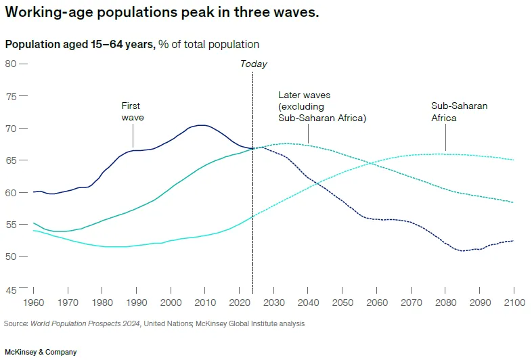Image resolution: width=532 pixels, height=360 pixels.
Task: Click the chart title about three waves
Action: [x=162, y=14]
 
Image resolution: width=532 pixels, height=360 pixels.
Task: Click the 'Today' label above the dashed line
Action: [x=254, y=64]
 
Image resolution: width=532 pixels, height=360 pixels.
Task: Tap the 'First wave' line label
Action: [x=133, y=112]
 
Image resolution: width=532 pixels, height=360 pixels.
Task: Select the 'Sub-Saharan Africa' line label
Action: [x=459, y=112]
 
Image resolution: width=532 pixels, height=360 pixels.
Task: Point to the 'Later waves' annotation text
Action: [x=322, y=106]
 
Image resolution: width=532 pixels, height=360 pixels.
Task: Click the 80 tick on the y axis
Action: [x=11, y=64]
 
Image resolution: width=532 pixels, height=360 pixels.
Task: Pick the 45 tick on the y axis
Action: [x=11, y=289]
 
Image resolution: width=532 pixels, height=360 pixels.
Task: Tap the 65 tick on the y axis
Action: [x=11, y=160]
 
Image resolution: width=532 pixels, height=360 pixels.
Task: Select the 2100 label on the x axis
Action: [x=514, y=302]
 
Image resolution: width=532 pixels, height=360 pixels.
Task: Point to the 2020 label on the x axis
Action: [x=240, y=302]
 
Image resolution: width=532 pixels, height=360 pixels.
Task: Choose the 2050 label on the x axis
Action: [x=342, y=302]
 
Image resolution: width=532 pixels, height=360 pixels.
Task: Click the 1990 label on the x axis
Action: [x=137, y=302]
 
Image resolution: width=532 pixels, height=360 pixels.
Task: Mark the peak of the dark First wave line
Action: [x=201, y=125]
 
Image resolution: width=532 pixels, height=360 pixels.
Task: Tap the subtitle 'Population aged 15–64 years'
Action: [x=81, y=45]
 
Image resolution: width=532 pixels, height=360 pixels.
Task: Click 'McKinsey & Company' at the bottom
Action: [x=41, y=352]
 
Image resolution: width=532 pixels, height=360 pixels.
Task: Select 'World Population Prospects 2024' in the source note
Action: [x=85, y=323]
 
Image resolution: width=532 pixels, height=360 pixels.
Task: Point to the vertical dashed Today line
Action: [x=253, y=203]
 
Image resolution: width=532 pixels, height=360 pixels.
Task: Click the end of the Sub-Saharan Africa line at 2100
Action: [x=514, y=160]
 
